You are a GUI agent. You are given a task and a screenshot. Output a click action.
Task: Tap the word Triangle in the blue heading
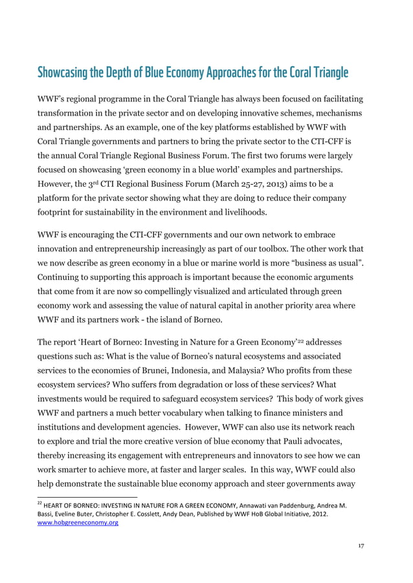point(328,72)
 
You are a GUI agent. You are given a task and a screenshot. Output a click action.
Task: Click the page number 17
point(361,546)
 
